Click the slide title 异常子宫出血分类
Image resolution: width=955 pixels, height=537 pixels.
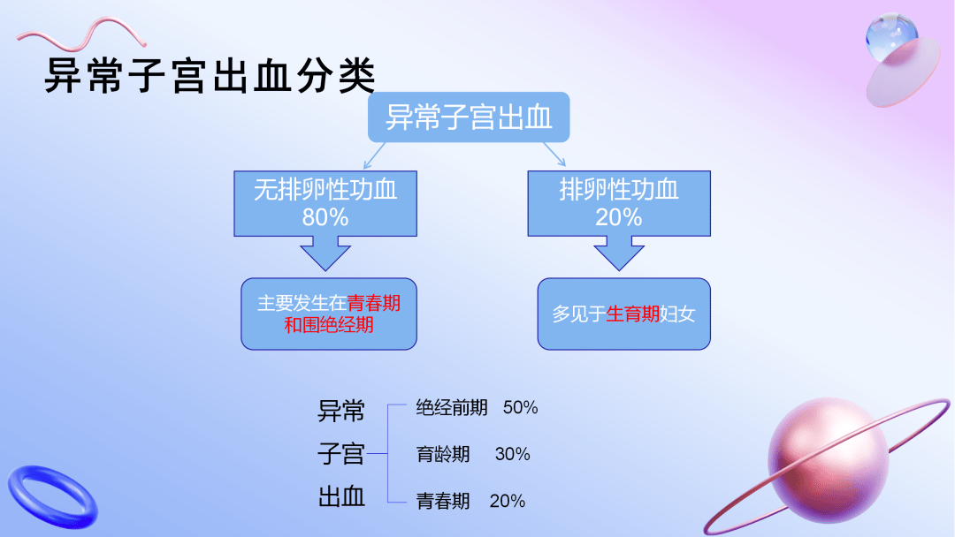210,77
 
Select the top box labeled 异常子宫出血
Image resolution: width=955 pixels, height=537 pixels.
469,117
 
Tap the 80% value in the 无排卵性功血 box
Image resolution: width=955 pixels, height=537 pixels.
325,217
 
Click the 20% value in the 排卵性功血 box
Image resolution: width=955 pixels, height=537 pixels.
618,217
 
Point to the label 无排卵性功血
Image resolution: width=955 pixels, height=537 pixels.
325,190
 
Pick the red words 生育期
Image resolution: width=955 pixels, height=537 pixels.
632,314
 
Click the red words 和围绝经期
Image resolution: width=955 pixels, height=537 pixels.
329,325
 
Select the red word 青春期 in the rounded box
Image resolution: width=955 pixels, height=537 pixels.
373,303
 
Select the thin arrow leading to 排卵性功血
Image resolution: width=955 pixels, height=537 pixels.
554,154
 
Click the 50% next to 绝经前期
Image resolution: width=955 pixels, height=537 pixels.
520,408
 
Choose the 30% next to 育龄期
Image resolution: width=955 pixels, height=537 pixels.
512,454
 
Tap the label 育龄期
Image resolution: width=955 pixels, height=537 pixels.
443,454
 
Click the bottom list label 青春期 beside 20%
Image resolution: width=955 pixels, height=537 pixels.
443,501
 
